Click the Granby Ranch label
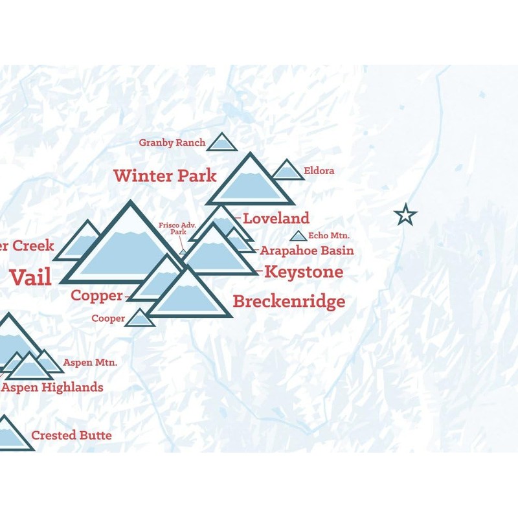(172, 142)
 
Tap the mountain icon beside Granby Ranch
(222, 143)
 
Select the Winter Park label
(165, 175)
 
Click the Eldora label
(319, 172)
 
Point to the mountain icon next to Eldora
(287, 171)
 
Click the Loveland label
(276, 218)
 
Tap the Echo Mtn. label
(329, 236)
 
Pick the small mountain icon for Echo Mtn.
(298, 236)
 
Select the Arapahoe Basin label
(307, 251)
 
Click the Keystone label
(304, 271)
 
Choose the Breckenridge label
(289, 301)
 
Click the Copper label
(96, 295)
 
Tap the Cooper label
(108, 319)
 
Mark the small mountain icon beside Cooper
(139, 318)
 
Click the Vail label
(30, 277)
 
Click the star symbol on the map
(405, 214)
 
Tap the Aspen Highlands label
(52, 387)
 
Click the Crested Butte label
(71, 435)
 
